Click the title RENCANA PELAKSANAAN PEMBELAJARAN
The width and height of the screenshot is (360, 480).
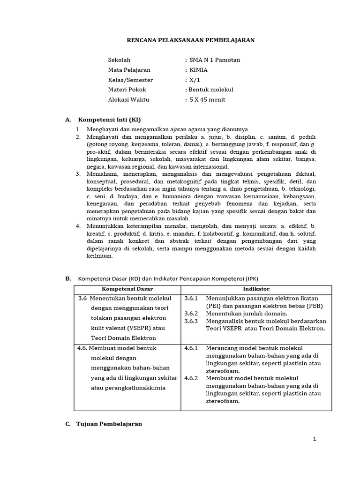click(191, 40)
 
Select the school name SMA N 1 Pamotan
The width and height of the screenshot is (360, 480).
click(214, 60)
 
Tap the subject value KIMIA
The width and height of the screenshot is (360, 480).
click(199, 70)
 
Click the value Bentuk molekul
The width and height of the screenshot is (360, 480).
click(211, 90)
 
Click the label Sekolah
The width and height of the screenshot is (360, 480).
click(119, 60)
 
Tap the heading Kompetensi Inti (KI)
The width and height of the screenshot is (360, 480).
click(109, 120)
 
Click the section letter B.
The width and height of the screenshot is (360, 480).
click(68, 278)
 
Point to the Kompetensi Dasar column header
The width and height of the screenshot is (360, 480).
click(127, 289)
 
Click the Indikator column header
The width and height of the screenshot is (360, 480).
click(256, 289)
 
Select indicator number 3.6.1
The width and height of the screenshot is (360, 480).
click(191, 298)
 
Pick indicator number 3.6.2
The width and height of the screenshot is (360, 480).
click(191, 313)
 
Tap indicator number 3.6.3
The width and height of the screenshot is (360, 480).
click(191, 321)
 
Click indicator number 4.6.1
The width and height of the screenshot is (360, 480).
click(191, 348)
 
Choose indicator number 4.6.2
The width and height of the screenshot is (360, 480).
click(191, 378)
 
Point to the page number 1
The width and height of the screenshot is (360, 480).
click(315, 439)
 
